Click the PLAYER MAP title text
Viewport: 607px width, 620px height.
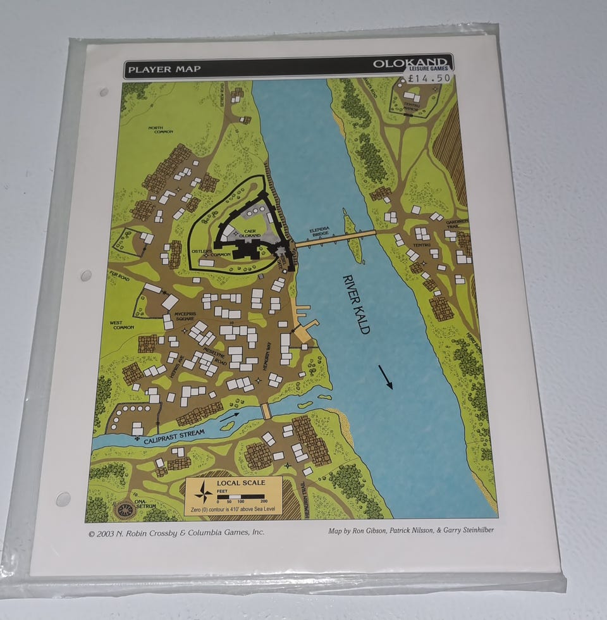tap(164, 69)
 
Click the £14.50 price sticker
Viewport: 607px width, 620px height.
tap(430, 78)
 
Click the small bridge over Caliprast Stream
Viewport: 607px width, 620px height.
tap(266, 411)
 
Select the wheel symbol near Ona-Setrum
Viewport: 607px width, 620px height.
tap(125, 509)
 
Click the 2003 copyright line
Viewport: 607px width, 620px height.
tap(177, 533)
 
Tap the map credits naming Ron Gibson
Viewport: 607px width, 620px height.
tap(410, 530)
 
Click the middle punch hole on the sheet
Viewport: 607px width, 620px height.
tap(85, 275)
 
